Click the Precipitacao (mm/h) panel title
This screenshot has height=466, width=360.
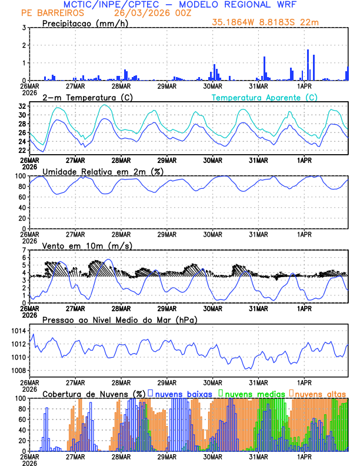point(84,23)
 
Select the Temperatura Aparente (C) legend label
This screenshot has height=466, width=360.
point(264,97)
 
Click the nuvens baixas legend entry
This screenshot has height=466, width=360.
point(183,393)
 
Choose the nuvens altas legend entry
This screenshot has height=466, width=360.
point(320,393)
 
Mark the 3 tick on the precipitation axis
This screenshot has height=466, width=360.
point(24,28)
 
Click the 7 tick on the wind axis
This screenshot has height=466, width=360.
point(24,250)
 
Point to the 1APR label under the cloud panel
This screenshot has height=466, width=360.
point(304,457)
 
